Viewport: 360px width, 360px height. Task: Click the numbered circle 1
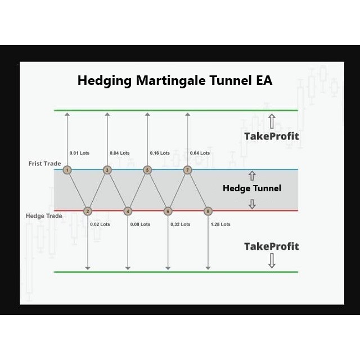[x=67, y=170]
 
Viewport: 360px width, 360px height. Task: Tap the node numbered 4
[x=128, y=211]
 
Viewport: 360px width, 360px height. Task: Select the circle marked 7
[x=187, y=170]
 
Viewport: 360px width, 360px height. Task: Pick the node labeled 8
[x=208, y=211]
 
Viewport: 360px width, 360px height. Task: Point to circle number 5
[x=147, y=170]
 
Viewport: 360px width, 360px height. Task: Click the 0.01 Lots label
[x=79, y=153]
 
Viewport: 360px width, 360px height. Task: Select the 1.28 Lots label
[x=220, y=224]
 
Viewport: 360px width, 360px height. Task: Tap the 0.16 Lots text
[x=160, y=153]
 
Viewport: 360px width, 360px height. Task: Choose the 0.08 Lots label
[x=140, y=224]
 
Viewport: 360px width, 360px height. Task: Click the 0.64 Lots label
[x=200, y=153]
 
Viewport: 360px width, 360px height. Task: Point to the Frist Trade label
[x=45, y=164]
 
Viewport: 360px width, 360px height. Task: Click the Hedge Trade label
[x=44, y=216]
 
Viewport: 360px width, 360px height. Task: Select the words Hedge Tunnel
[x=252, y=188]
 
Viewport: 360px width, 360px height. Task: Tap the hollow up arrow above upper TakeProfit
[x=272, y=121]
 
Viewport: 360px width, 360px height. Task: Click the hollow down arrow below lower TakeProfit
[x=272, y=260]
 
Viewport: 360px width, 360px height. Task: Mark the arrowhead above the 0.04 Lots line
[x=107, y=114]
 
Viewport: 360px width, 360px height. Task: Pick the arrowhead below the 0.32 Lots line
[x=168, y=268]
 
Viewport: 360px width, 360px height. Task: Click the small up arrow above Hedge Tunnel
[x=252, y=175]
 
